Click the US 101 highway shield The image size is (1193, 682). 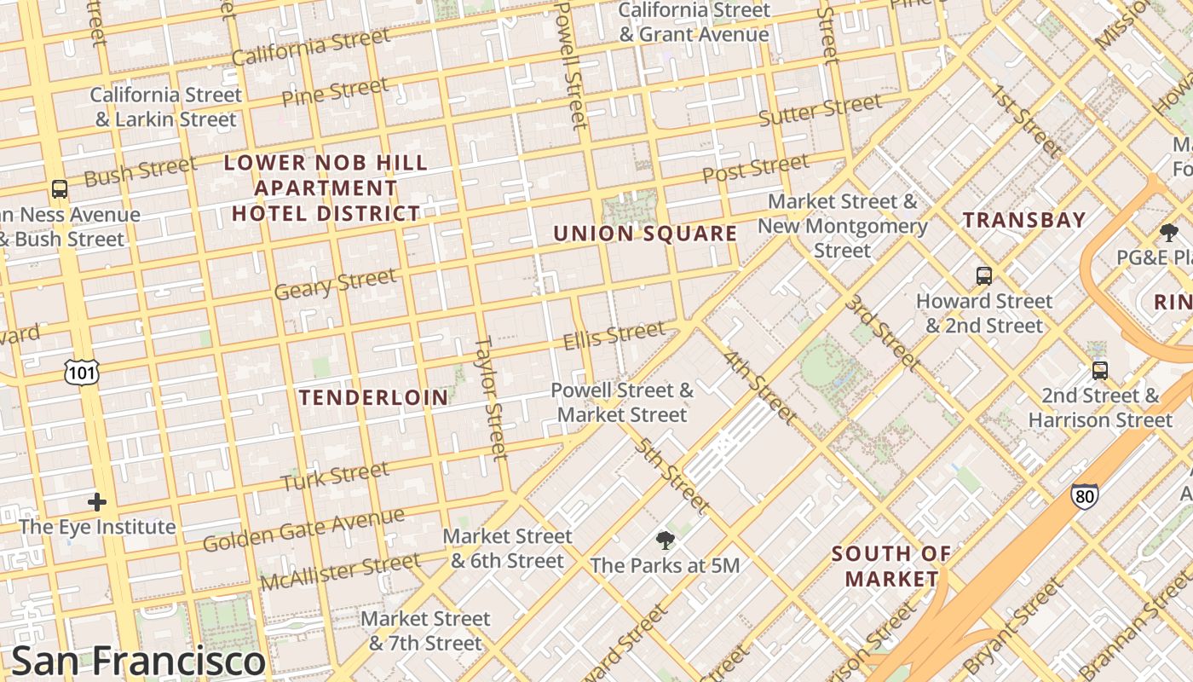(82, 371)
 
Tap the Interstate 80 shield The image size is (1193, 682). (1085, 495)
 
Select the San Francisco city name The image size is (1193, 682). (139, 661)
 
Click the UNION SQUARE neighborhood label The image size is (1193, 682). (645, 234)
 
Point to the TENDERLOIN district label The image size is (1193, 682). (373, 397)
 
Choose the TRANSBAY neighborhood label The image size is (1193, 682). (1024, 220)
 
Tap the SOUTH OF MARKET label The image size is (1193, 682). (891, 566)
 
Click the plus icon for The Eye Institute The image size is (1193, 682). (97, 502)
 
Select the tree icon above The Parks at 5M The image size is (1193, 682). (665, 540)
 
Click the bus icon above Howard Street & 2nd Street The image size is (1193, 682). (984, 275)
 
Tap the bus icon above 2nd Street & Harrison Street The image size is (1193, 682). (1100, 370)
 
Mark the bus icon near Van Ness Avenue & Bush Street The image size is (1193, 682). (59, 189)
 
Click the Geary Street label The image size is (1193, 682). (335, 284)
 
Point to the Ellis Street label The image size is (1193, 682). (614, 334)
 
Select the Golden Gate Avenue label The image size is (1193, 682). (303, 529)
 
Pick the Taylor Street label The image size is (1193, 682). (491, 398)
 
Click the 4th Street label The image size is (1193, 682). (760, 387)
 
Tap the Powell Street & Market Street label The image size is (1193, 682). (622, 402)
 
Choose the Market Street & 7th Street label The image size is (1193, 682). (425, 630)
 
